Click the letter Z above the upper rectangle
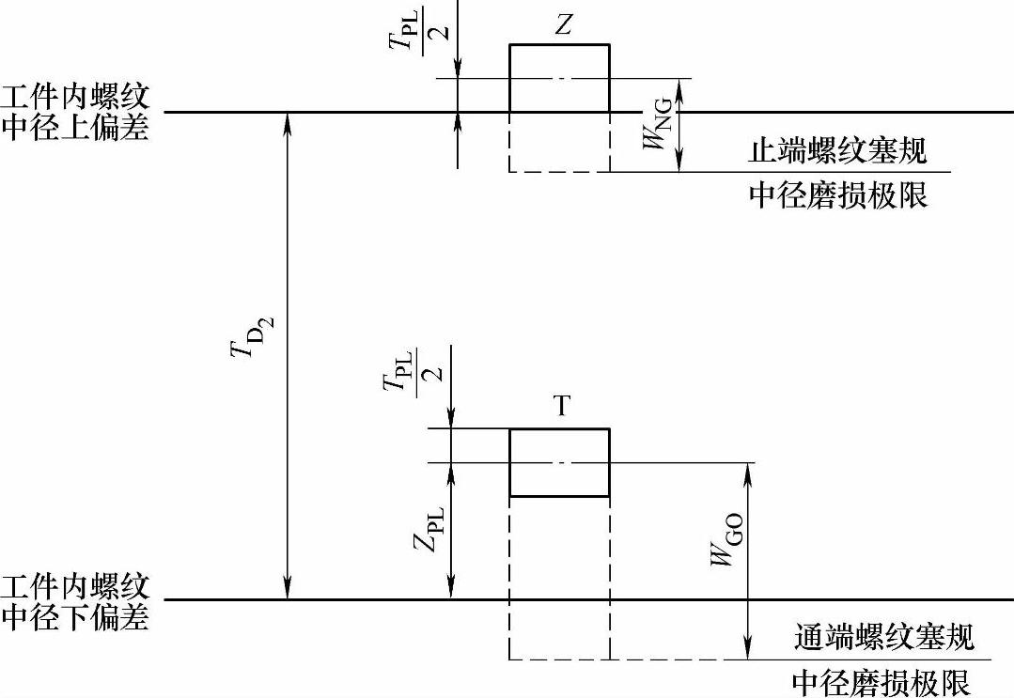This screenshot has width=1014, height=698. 562,25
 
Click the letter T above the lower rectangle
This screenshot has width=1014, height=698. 561,407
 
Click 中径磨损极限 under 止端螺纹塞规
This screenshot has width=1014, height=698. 837,194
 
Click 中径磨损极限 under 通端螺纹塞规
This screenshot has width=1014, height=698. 881,681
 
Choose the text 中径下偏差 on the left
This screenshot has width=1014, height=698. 75,617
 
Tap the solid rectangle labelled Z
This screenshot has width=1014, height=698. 559,78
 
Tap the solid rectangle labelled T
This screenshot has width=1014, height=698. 559,462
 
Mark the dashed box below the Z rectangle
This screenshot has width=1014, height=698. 559,143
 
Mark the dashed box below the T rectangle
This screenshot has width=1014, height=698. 559,578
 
